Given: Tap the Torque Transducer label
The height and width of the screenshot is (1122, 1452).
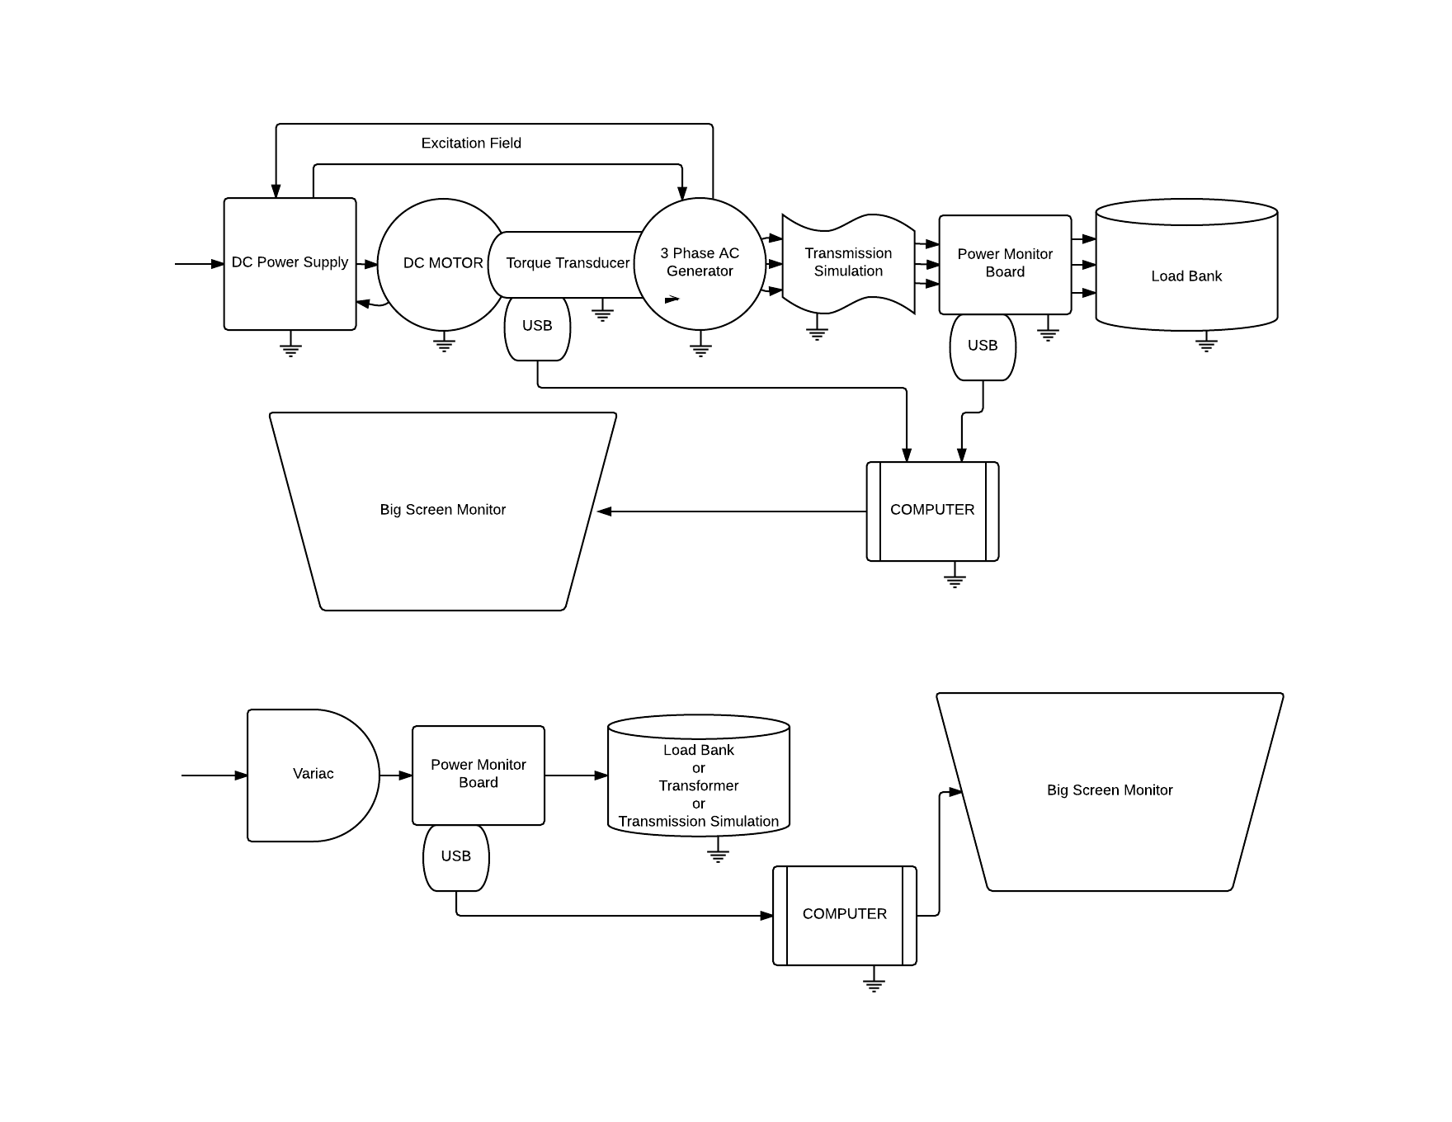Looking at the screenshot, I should tap(568, 263).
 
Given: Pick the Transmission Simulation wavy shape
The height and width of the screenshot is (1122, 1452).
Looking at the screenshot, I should tap(848, 263).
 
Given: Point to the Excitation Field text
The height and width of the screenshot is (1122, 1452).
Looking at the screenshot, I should tap(471, 144).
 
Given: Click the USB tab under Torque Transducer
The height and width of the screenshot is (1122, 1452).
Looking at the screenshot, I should tap(537, 327).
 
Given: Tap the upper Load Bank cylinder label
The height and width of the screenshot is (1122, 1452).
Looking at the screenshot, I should tap(1186, 276).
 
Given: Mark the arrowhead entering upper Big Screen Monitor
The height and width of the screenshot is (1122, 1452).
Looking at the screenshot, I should tap(604, 511).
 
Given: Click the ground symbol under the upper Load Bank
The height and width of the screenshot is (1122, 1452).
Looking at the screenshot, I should tap(1206, 342).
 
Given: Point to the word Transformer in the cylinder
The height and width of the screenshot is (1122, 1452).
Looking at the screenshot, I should tap(698, 786).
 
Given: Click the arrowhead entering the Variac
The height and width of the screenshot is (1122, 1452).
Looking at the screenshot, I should tap(241, 775).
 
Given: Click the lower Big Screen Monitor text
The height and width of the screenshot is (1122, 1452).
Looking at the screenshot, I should tap(1109, 790).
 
